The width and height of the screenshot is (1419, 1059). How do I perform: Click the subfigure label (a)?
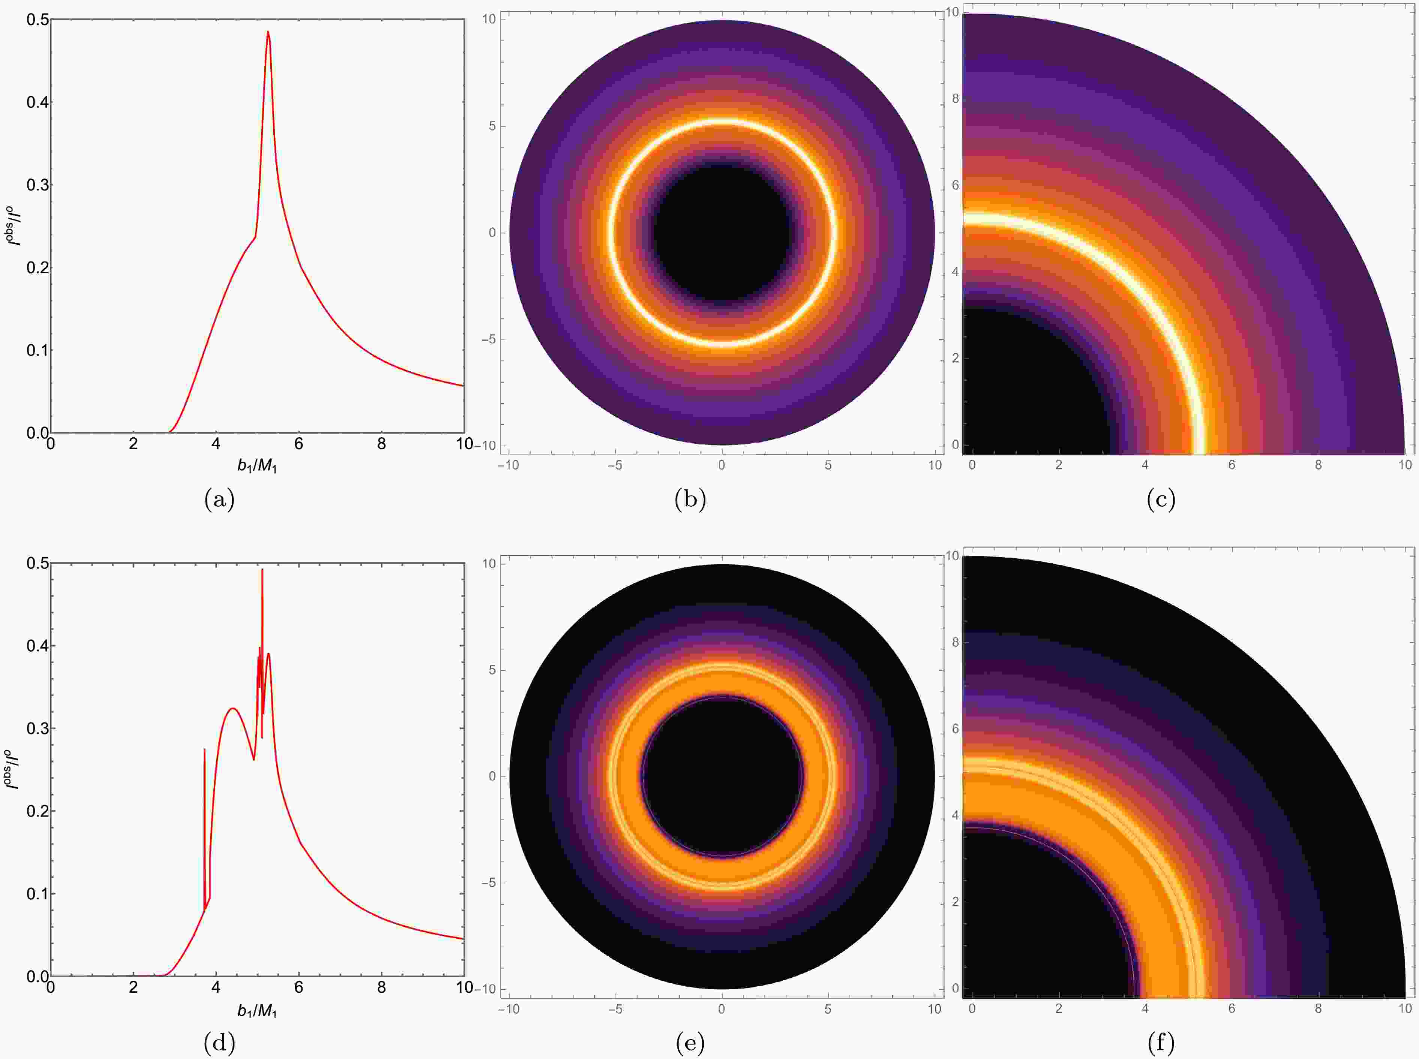[x=219, y=500]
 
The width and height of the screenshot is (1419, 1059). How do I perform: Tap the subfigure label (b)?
[x=690, y=500]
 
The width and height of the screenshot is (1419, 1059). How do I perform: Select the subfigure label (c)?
[x=1161, y=500]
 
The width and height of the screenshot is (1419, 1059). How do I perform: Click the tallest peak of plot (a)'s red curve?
[x=268, y=33]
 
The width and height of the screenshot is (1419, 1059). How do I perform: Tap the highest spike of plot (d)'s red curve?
[x=262, y=570]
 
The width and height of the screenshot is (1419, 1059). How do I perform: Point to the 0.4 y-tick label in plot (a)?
[x=36, y=103]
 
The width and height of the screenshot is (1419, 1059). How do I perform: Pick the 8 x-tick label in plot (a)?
[x=382, y=444]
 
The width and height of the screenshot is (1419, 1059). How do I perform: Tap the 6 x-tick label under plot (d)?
[x=299, y=988]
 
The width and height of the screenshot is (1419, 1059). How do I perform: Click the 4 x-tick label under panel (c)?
[x=1145, y=465]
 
